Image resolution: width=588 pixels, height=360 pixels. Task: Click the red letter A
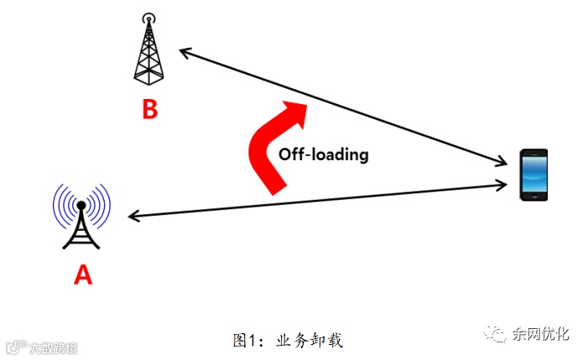pyautogui.click(x=82, y=274)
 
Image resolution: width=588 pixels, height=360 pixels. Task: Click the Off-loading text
pyautogui.click(x=323, y=154)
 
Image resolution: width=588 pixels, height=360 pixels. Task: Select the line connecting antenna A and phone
pyautogui.click(x=319, y=199)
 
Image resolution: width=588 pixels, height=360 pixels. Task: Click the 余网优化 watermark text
pyautogui.click(x=541, y=334)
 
